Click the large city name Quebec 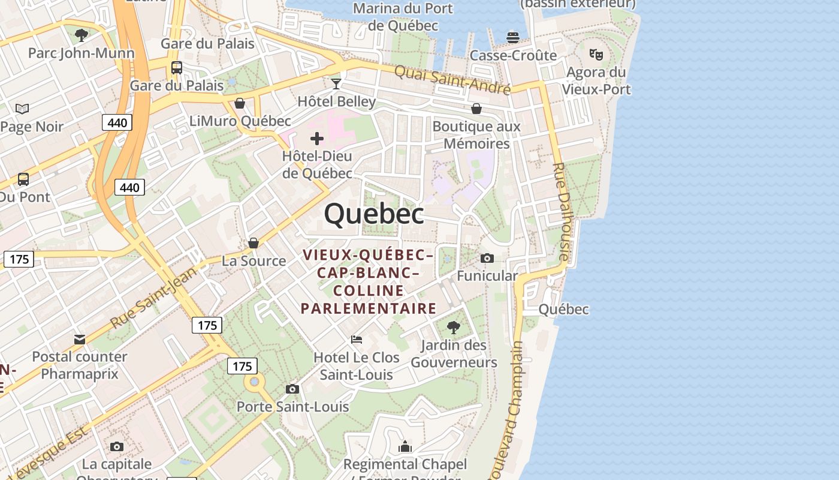tap(374, 214)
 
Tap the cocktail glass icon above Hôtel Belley tap(336, 83)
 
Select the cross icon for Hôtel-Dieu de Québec tap(317, 139)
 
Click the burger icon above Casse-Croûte tap(513, 37)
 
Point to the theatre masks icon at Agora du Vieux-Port tap(596, 54)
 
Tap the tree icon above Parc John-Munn tap(82, 35)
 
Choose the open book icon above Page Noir tap(22, 109)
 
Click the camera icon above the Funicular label tap(487, 258)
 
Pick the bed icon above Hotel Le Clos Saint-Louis tap(357, 340)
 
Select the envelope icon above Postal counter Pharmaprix tap(80, 340)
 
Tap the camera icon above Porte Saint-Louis tap(292, 389)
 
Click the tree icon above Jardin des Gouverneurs tap(454, 327)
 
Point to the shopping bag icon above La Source tap(253, 243)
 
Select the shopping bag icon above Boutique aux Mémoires tap(476, 109)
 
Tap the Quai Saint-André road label tap(452, 80)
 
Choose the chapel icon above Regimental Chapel tap(405, 446)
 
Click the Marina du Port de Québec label tap(403, 17)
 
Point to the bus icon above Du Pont tap(23, 179)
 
